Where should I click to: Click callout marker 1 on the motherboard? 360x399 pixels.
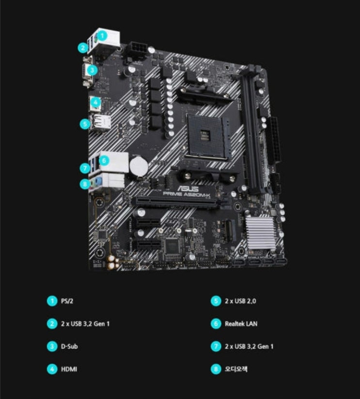pyautogui.click(x=102, y=35)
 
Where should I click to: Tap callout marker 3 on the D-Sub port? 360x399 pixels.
pyautogui.click(x=92, y=70)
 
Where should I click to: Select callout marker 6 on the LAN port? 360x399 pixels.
pyautogui.click(x=104, y=160)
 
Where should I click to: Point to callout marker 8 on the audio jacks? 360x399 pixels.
pyautogui.click(x=85, y=184)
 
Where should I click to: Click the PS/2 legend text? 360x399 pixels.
pyautogui.click(x=67, y=301)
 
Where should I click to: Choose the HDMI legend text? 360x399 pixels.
pyautogui.click(x=69, y=369)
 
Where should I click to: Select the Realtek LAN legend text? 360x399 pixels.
pyautogui.click(x=241, y=324)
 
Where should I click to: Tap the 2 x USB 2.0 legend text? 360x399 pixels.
pyautogui.click(x=240, y=301)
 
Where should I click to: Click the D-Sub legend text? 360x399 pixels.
pyautogui.click(x=69, y=346)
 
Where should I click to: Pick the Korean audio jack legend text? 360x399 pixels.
pyautogui.click(x=236, y=369)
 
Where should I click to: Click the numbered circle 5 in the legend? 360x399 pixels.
pyautogui.click(x=216, y=301)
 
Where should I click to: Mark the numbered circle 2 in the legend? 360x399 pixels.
pyautogui.click(x=52, y=324)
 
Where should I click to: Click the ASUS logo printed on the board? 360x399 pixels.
pyautogui.click(x=188, y=189)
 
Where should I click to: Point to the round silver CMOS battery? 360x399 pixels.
pyautogui.click(x=139, y=166)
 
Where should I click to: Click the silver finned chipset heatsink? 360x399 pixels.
pyautogui.click(x=260, y=233)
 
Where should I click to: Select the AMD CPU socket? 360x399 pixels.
pyautogui.click(x=208, y=137)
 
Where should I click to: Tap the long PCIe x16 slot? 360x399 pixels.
pyautogui.click(x=175, y=202)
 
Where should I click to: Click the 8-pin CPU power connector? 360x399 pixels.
pyautogui.click(x=138, y=49)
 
